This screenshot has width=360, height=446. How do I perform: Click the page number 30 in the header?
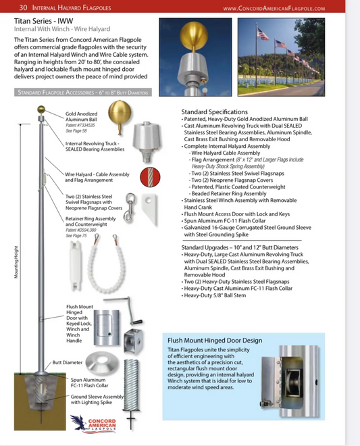(x=24, y=8)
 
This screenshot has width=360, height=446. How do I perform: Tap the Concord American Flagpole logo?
(x=97, y=424)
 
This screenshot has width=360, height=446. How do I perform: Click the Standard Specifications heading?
(x=215, y=111)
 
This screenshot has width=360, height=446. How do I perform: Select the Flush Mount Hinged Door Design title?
(x=215, y=340)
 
